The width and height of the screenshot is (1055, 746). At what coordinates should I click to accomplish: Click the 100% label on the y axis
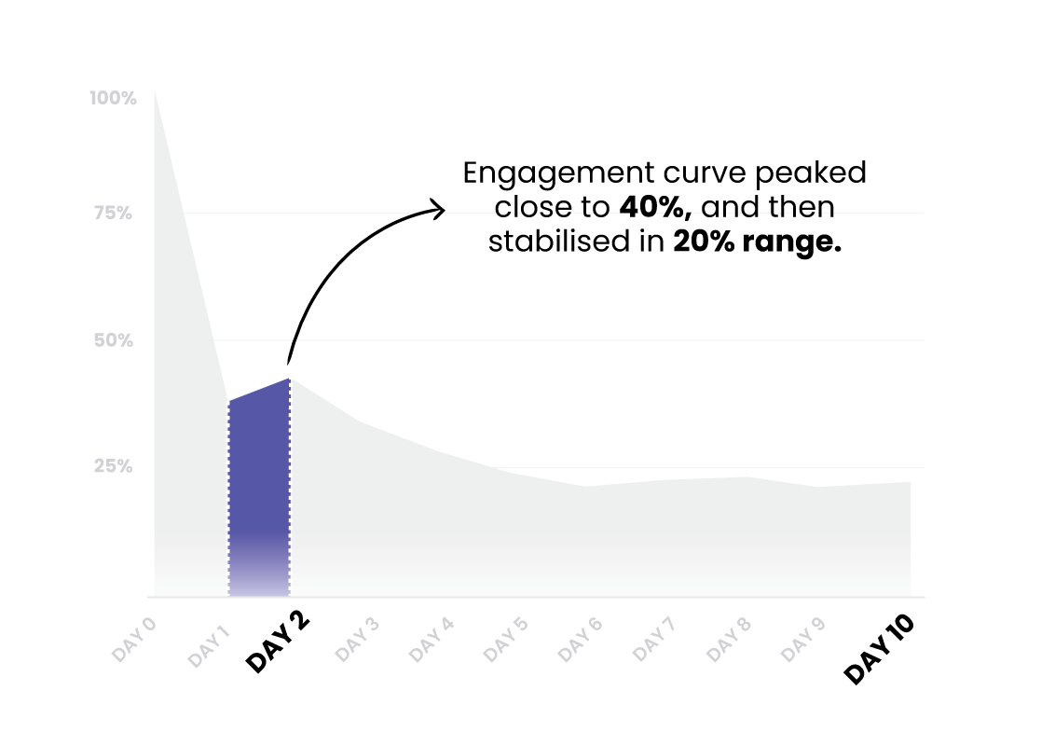(113, 98)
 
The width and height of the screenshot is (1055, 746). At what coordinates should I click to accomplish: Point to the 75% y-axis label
(113, 214)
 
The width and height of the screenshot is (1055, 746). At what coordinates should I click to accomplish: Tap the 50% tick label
(113, 340)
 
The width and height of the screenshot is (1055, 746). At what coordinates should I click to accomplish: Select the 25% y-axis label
(113, 466)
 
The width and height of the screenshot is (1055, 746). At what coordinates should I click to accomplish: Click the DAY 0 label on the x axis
(134, 640)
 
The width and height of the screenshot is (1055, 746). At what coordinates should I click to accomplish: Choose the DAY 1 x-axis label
(209, 646)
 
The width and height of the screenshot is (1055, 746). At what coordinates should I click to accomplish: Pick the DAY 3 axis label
(357, 640)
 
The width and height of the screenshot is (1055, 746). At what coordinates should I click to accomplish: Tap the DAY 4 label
(432, 640)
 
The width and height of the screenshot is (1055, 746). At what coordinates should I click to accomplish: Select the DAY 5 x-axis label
(506, 640)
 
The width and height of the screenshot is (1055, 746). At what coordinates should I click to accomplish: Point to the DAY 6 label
(580, 640)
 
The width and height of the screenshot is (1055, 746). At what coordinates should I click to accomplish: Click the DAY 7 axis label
(654, 640)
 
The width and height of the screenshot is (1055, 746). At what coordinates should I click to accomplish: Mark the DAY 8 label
(729, 640)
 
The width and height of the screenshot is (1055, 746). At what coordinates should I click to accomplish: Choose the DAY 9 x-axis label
(802, 640)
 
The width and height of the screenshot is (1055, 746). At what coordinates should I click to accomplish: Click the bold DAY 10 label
(880, 649)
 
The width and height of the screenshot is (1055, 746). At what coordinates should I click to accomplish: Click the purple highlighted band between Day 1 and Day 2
(259, 495)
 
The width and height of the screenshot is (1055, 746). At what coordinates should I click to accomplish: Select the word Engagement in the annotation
(557, 174)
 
